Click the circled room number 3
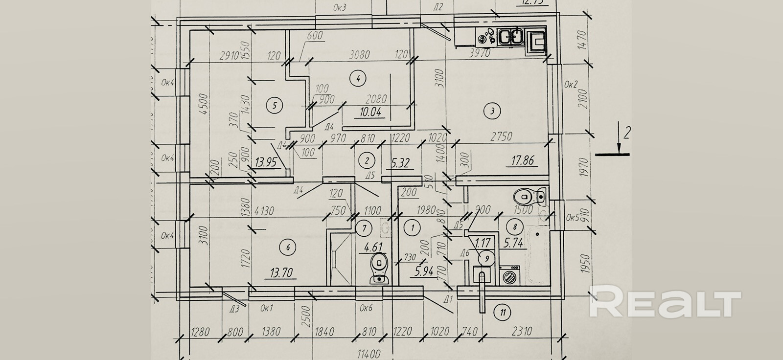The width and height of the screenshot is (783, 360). [492, 111]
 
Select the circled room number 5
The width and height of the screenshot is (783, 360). [275, 105]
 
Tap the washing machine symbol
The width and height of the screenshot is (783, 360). [510, 275]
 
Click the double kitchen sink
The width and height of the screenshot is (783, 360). [512, 37]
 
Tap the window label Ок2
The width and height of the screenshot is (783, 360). [571, 84]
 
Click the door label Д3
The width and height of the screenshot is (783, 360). [234, 309]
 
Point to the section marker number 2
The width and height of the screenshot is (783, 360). [626, 132]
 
